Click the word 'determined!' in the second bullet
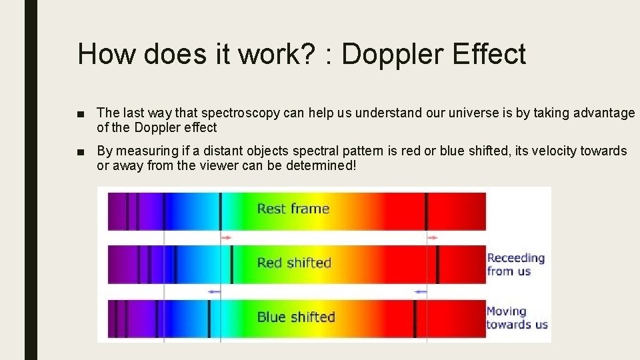tap(321, 165)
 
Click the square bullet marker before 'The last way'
tap(81, 113)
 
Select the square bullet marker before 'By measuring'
tap(81, 151)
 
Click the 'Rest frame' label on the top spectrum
tap(293, 209)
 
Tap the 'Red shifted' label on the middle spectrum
tap(294, 263)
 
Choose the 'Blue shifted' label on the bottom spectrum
tap(296, 317)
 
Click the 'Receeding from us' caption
tap(515, 264)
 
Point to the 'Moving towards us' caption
tap(517, 318)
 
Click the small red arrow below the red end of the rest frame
tap(433, 237)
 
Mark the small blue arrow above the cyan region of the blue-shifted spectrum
tap(213, 291)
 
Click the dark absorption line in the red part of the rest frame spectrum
tap(427, 211)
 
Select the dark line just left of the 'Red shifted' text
tap(231, 264)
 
